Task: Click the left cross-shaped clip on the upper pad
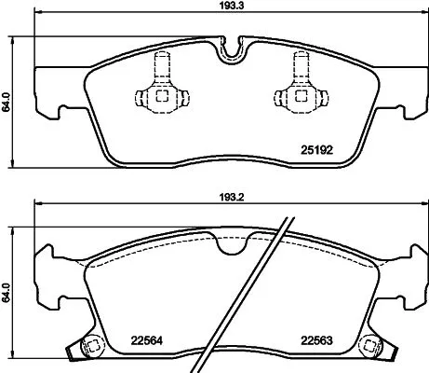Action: [160, 93]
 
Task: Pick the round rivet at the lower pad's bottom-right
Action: [371, 344]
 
